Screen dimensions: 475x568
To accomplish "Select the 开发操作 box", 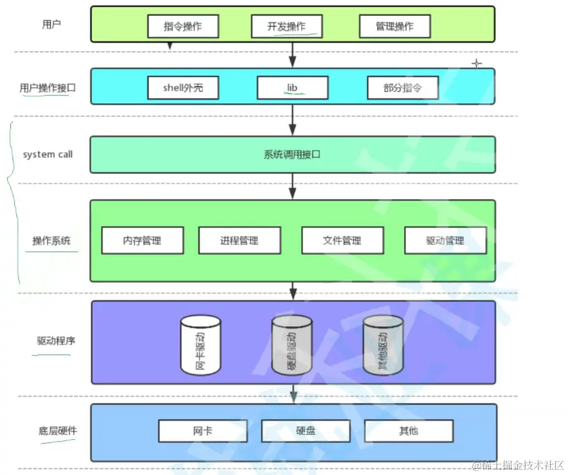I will click(286, 27).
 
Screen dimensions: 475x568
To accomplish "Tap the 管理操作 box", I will click(394, 27).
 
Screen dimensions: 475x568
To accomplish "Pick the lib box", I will click(292, 88).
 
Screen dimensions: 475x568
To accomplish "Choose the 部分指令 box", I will click(403, 88).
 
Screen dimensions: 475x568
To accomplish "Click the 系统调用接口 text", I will click(292, 155).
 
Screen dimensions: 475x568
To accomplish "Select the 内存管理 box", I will click(142, 240).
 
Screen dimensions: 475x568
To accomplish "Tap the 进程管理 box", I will click(239, 240).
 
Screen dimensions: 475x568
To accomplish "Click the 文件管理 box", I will click(342, 240).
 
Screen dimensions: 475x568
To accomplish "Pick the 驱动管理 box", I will click(445, 240).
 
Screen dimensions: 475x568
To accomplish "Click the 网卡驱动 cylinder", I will click(201, 345).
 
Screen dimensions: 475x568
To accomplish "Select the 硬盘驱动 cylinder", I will click(292, 345).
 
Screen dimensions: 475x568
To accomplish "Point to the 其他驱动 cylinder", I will click(383, 345).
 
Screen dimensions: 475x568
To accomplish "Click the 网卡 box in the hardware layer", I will click(202, 431).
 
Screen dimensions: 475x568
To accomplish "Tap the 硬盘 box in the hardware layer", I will click(305, 431).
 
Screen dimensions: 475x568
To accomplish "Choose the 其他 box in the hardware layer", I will click(408, 431).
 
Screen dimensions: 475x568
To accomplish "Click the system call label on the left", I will click(48, 154).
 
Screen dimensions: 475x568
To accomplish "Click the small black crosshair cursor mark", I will click(477, 63).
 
